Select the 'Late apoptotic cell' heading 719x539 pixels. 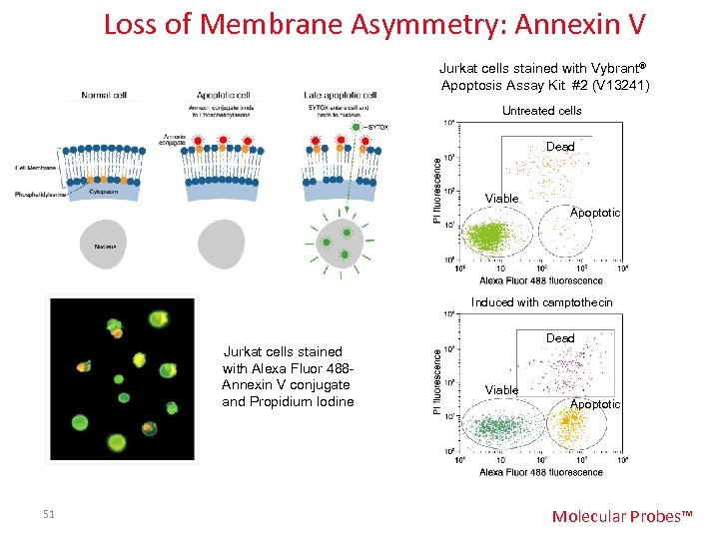340,95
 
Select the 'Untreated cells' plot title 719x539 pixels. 541,111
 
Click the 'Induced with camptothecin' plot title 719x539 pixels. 541,302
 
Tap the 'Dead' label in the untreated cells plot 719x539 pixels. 560,147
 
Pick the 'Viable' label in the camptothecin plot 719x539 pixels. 501,390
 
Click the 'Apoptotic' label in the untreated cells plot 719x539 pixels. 594,213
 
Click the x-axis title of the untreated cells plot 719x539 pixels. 541,280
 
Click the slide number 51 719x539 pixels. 48,514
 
